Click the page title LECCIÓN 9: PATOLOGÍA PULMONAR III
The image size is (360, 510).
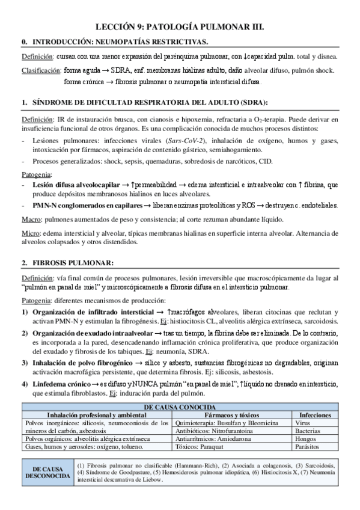[180, 27]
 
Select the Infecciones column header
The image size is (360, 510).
[315, 415]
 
